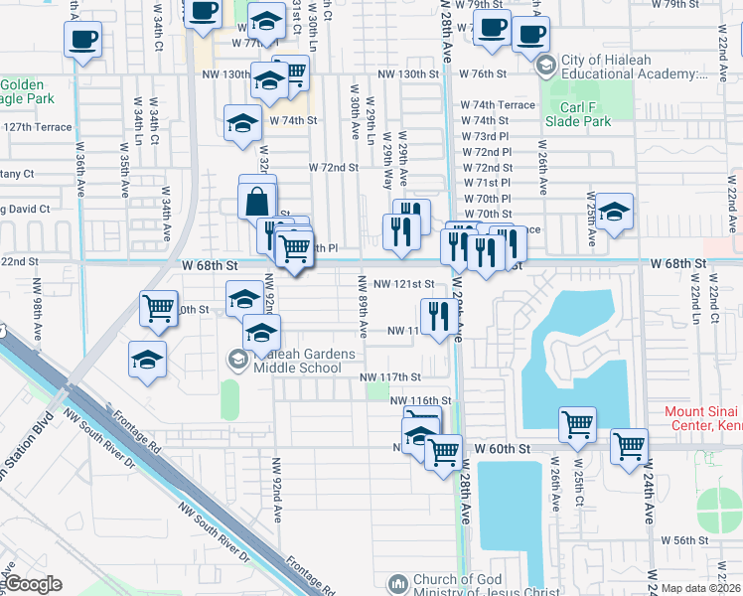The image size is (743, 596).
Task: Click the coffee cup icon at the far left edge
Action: [82, 41]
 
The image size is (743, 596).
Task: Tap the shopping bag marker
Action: [257, 202]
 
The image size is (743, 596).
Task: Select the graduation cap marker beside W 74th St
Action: [241, 124]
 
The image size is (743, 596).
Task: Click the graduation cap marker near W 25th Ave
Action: [614, 212]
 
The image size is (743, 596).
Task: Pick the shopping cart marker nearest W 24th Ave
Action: [629, 447]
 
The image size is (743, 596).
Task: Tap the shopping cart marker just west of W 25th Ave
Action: [577, 425]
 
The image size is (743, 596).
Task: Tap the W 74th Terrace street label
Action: [497, 104]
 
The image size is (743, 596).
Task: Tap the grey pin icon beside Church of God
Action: [397, 583]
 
